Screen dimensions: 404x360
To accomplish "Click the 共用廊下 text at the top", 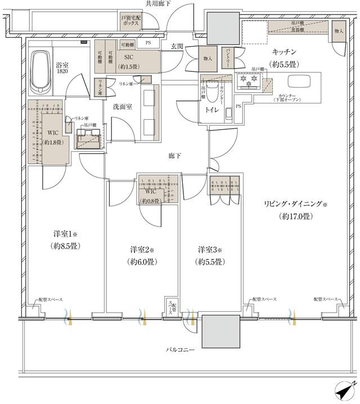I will click(x=158, y=4).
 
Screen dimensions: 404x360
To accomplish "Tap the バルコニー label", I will click(x=180, y=349).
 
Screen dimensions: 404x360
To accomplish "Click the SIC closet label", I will click(x=125, y=57).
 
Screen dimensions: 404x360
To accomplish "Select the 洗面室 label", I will click(x=122, y=106).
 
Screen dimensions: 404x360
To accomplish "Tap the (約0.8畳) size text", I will click(x=151, y=201).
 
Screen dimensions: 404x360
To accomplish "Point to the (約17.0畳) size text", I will click(x=291, y=216).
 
